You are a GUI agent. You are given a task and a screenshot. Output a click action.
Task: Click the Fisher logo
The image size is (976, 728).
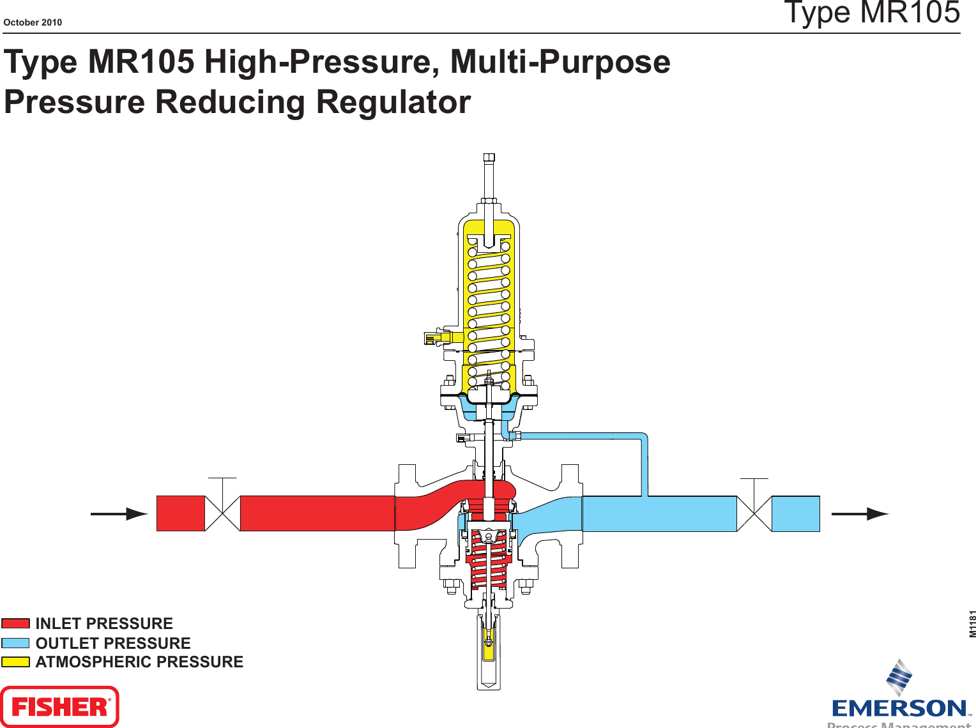[59, 706]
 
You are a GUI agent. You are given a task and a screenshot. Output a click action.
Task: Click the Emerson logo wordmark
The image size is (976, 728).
[899, 708]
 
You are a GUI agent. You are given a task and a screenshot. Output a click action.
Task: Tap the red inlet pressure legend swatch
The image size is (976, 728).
[15, 623]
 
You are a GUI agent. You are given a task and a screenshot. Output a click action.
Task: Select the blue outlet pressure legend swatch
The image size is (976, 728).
[15, 643]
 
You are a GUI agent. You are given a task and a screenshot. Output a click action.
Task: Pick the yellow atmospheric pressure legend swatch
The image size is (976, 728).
[15, 662]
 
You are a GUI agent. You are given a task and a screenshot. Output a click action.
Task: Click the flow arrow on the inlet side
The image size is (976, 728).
[119, 513]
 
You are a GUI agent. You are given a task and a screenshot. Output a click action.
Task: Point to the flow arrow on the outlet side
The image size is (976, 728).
[859, 513]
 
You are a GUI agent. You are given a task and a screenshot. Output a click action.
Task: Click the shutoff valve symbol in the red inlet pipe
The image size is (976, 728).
[222, 513]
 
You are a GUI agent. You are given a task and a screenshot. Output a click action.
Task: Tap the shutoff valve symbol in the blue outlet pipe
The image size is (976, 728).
[754, 513]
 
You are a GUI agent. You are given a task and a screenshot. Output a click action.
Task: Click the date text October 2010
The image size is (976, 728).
[33, 22]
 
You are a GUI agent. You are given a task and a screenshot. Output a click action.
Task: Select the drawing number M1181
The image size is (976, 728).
[972, 624]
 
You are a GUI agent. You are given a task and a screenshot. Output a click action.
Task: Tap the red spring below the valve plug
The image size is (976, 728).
[489, 565]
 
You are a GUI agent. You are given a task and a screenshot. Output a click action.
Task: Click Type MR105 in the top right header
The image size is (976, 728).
[871, 13]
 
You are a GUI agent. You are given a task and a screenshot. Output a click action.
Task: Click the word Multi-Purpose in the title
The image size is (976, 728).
[560, 62]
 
